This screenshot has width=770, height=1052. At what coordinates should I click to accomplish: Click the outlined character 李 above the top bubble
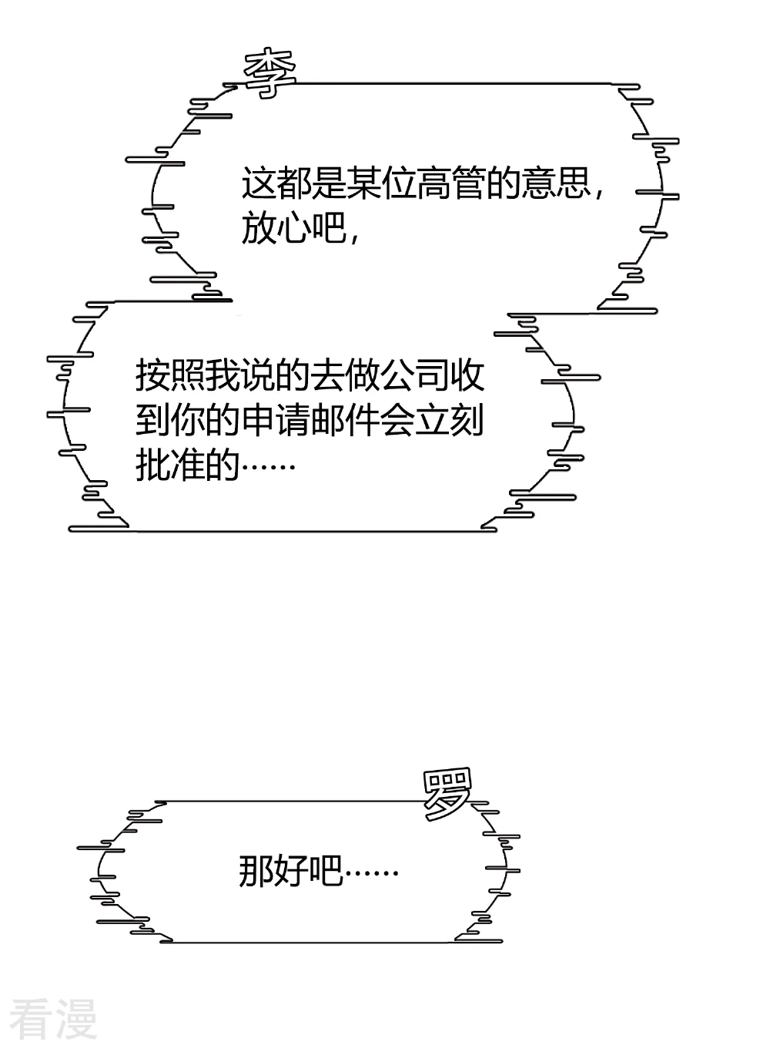coord(269,74)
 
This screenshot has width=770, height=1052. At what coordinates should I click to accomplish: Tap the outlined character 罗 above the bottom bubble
coord(447,794)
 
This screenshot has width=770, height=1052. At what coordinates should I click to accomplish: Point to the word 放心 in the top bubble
coord(276,228)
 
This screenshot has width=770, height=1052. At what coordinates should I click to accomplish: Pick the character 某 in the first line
coord(363,183)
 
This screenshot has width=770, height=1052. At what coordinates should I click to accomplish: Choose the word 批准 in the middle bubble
coord(170,465)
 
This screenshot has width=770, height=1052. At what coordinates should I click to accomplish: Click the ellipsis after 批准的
coord(268,467)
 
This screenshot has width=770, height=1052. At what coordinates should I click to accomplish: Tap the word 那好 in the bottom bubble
coord(273,870)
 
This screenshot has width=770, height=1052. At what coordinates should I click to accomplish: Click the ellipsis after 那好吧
coord(371,873)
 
